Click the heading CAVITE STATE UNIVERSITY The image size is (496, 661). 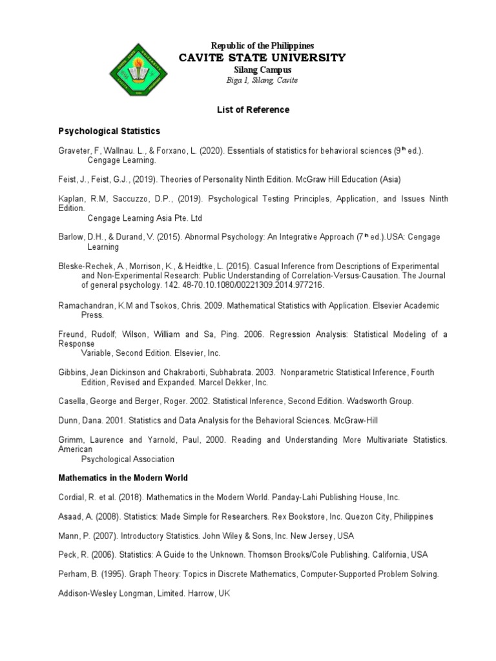[x=262, y=58]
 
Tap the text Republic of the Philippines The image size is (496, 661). [x=262, y=46]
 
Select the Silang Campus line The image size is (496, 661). [x=262, y=70]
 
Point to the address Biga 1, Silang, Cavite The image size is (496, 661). [x=262, y=80]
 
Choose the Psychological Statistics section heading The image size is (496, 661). [x=109, y=131]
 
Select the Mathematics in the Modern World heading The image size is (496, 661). [x=123, y=479]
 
